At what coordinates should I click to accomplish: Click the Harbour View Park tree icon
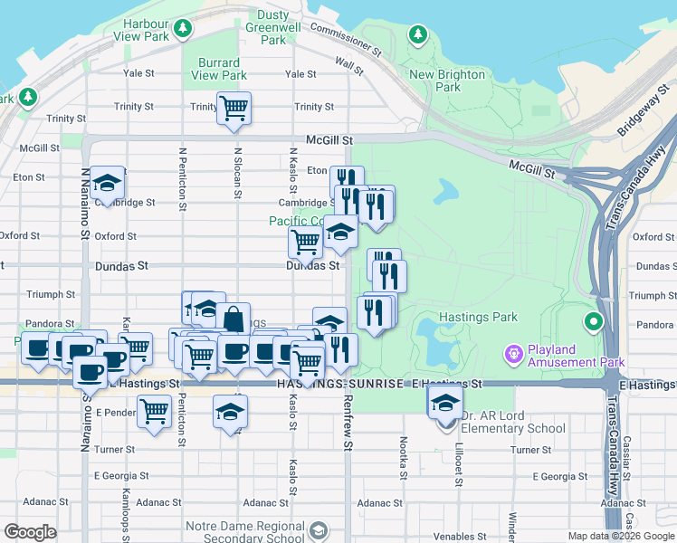coord(183,28)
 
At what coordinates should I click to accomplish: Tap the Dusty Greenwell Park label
coord(272,27)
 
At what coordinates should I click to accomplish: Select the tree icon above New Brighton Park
coord(417,34)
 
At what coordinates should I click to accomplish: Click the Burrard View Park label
coord(219,69)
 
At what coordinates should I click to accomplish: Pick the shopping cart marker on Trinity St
coord(234,108)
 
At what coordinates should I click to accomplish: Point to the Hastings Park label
coord(478,317)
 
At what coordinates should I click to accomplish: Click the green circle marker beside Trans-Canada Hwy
coord(593,320)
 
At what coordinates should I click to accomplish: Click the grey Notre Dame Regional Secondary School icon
coord(318,529)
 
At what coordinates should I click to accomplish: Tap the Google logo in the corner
coord(30,532)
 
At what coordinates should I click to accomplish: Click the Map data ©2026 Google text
coord(621,536)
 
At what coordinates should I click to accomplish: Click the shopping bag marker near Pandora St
coord(234,319)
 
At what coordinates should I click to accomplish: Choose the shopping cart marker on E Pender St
coord(155,411)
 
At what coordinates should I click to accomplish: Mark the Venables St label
coord(467,536)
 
